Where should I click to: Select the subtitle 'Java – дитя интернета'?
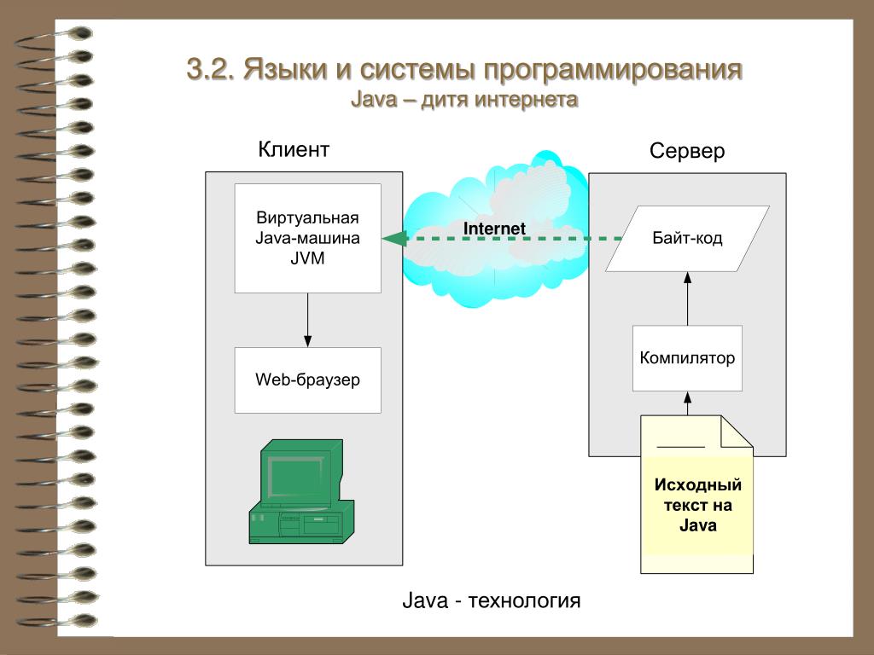pyautogui.click(x=464, y=101)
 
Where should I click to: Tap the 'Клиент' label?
pyautogui.click(x=294, y=150)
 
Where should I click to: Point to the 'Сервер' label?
pyautogui.click(x=686, y=152)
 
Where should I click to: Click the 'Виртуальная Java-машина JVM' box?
pyautogui.click(x=307, y=238)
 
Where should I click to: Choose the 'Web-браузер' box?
pyautogui.click(x=307, y=380)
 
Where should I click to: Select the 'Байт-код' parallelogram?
pyautogui.click(x=687, y=239)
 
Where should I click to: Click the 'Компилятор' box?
pyautogui.click(x=687, y=358)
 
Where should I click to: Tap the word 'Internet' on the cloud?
pyautogui.click(x=494, y=229)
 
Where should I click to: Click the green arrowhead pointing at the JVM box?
pyautogui.click(x=393, y=239)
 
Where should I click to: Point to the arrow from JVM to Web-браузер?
pyautogui.click(x=307, y=320)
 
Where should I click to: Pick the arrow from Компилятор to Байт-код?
pyautogui.click(x=687, y=299)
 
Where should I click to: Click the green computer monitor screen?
pyautogui.click(x=299, y=480)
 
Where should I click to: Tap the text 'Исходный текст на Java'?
pyautogui.click(x=697, y=505)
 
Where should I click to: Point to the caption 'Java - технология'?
pyautogui.click(x=491, y=601)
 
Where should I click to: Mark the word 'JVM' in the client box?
pyautogui.click(x=307, y=257)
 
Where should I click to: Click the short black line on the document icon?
pyautogui.click(x=680, y=447)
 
